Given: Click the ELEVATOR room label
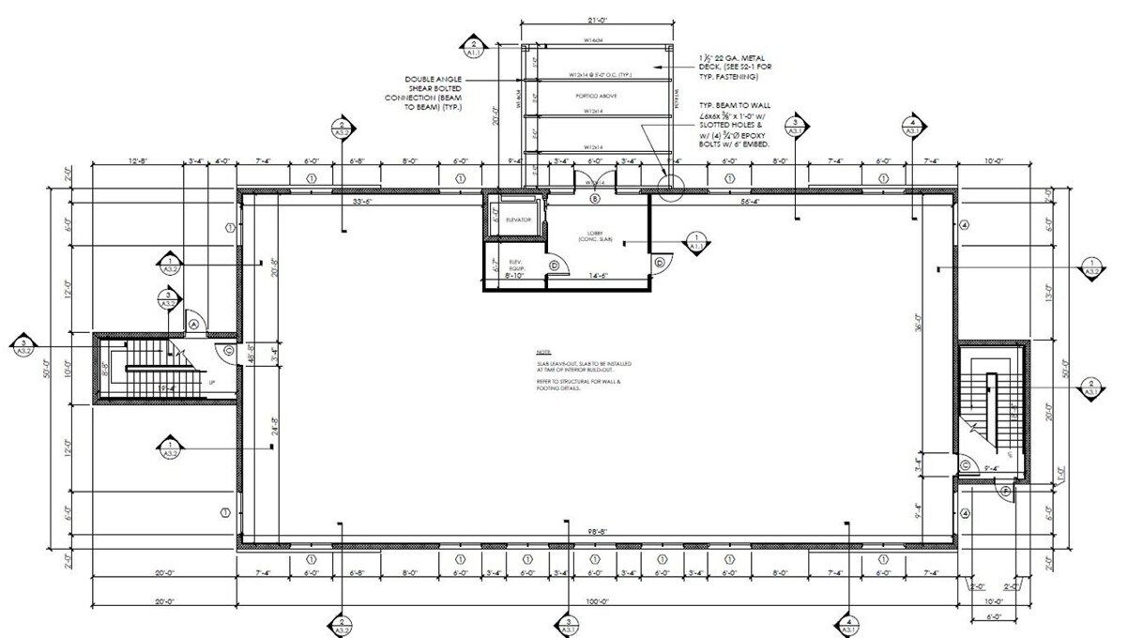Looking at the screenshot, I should [518, 220].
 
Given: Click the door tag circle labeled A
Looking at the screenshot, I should [194, 323].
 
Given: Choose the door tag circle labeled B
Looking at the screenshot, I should [593, 199].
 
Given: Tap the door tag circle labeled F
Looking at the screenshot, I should [1006, 491].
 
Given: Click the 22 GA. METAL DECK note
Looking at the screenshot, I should [739, 66].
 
